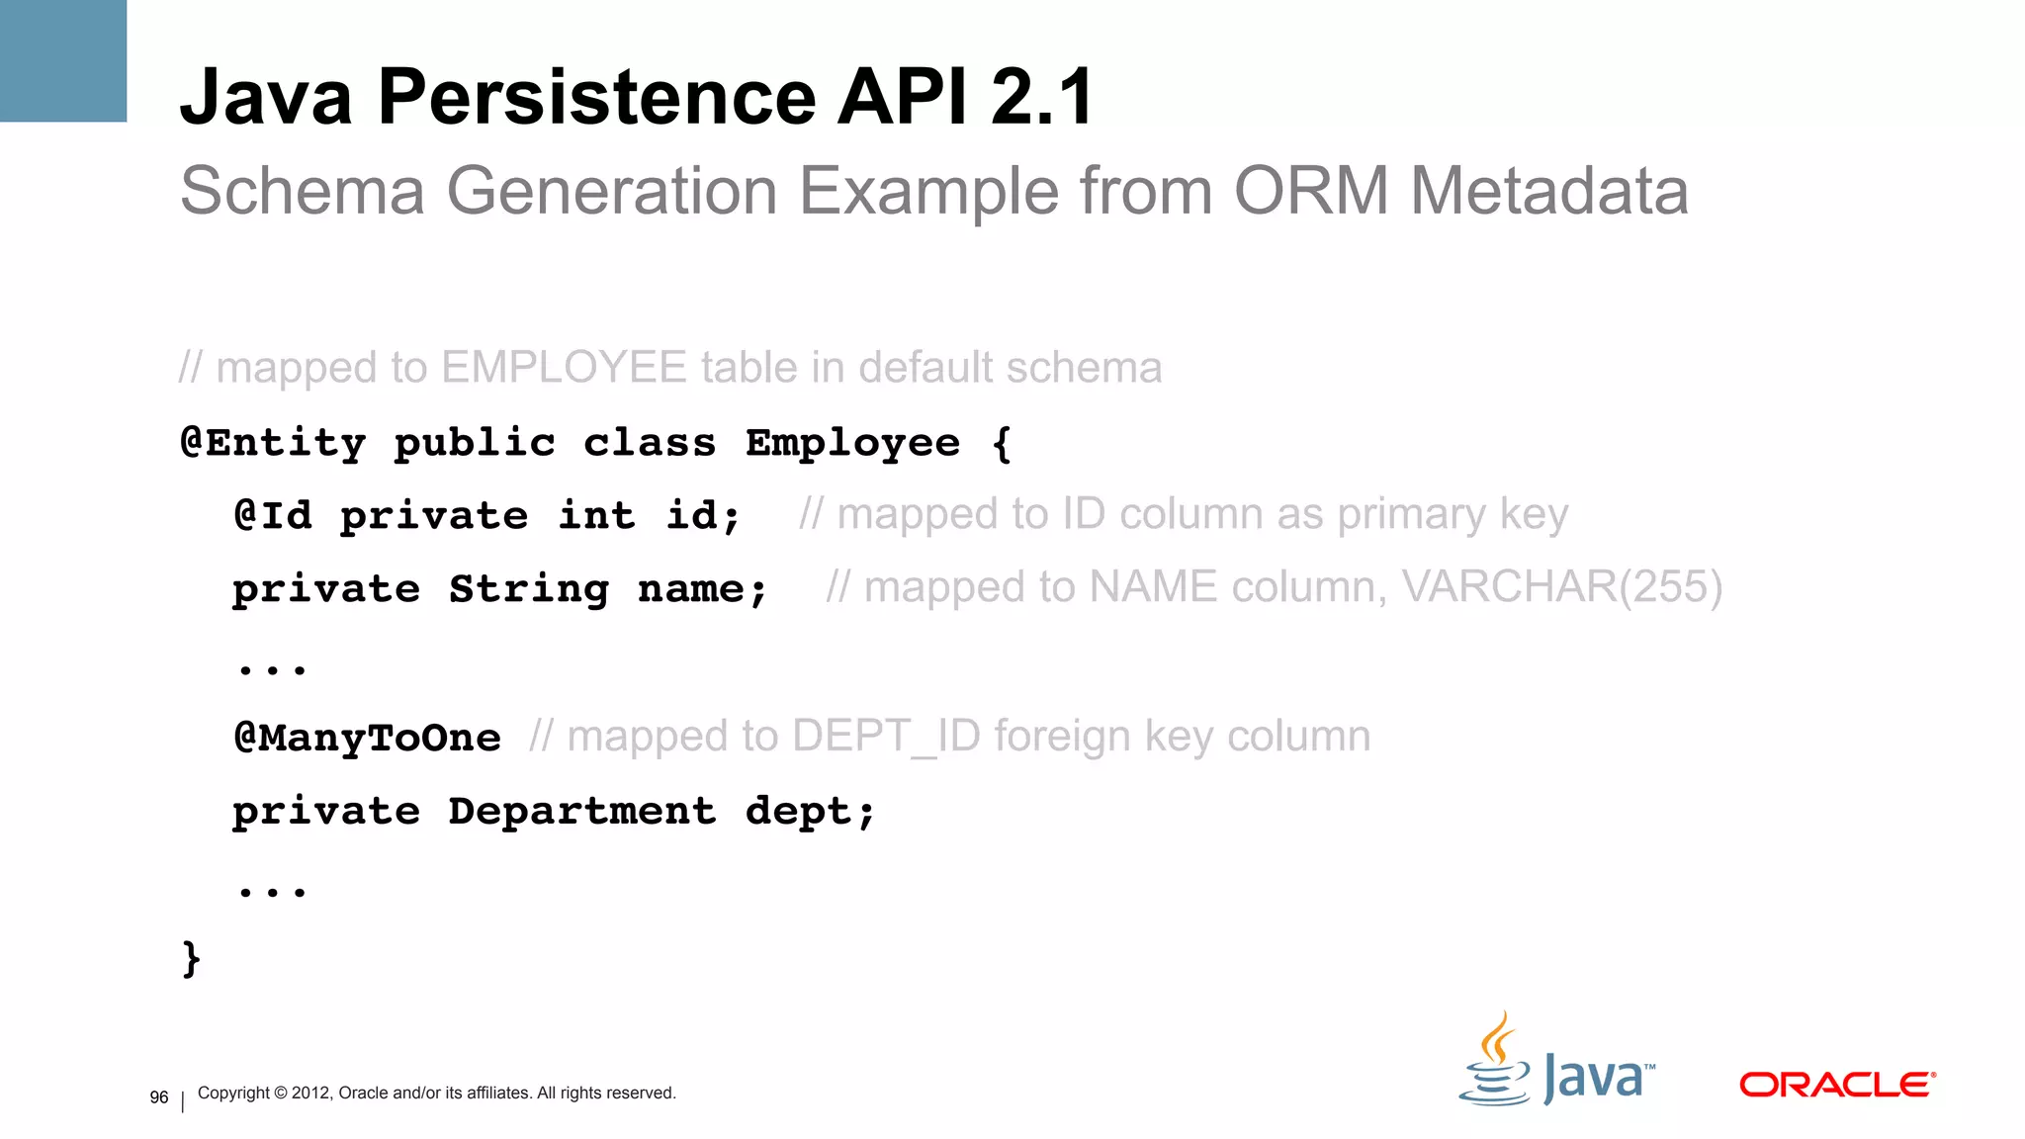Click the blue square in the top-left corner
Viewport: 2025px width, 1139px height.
coord(63,60)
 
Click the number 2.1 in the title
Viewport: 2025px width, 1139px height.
coord(1042,97)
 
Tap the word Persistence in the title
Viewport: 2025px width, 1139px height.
coord(597,97)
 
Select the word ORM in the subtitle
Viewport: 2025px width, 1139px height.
coord(1311,190)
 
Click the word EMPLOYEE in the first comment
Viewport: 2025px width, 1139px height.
coord(564,368)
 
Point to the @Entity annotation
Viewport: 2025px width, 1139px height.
coord(273,442)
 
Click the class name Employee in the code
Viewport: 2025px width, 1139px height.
coord(852,443)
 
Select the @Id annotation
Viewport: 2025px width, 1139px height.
coord(273,515)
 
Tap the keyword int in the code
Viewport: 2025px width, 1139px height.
coord(596,515)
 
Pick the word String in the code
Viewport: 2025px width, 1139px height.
coord(529,589)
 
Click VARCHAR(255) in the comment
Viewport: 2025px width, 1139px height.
coord(1562,587)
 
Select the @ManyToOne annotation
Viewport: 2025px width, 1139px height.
coord(367,738)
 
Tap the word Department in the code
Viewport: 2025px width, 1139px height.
coord(582,811)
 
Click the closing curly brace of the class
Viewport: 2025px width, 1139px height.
coord(192,958)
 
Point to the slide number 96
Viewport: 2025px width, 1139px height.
coord(159,1097)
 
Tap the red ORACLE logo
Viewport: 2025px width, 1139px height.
coord(1836,1085)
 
